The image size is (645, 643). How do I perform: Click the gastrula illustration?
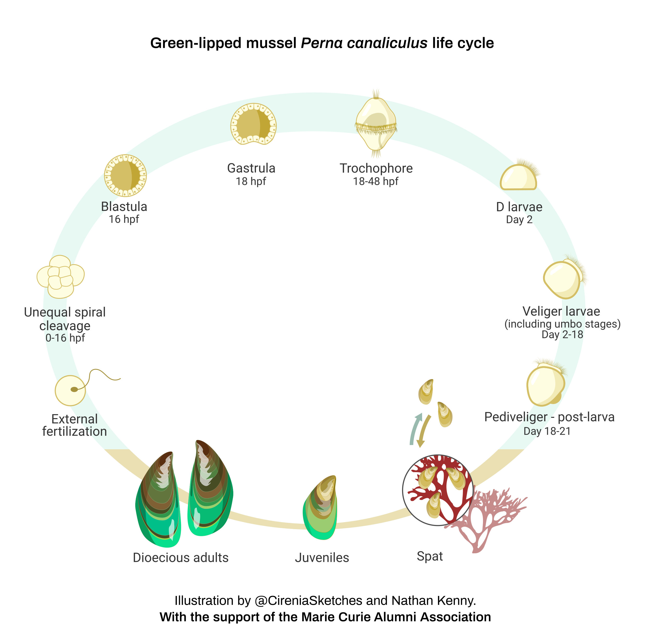point(253,124)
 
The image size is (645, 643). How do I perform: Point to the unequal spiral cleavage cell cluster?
point(60,277)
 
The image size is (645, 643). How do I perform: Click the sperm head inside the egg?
point(74,389)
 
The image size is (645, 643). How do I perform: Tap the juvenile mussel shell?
point(320,508)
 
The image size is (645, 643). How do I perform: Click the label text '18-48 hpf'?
point(376,181)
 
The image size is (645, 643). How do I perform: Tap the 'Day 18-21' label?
point(547,431)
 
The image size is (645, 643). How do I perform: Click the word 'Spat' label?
point(430,556)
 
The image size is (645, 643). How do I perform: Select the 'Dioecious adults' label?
point(180,557)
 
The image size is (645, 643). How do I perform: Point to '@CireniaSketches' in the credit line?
point(308,601)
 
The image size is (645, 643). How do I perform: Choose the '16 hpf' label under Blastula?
point(124,219)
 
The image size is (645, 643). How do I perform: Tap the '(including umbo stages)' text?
point(562,324)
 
